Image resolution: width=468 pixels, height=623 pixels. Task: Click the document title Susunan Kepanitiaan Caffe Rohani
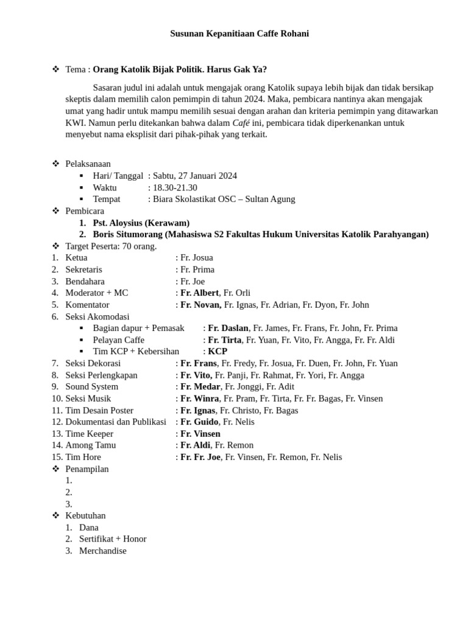click(239, 34)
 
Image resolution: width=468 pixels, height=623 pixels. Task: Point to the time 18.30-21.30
click(175, 187)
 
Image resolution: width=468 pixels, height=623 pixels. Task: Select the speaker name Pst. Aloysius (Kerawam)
click(141, 223)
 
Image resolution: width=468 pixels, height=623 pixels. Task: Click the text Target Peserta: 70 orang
click(111, 246)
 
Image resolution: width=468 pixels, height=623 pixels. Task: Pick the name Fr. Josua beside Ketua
click(196, 258)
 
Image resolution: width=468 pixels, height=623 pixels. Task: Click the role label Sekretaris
click(84, 270)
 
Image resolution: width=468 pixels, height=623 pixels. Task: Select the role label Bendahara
click(85, 281)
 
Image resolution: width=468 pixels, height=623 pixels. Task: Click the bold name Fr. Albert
click(199, 293)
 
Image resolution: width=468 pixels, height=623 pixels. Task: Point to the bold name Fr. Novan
click(200, 305)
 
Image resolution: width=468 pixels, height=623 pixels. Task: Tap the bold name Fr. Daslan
click(228, 328)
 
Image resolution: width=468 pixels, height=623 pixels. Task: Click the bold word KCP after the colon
click(218, 352)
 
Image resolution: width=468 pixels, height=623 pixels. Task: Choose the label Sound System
click(92, 387)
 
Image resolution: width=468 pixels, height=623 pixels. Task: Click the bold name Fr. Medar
click(200, 387)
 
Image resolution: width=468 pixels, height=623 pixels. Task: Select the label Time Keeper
click(90, 434)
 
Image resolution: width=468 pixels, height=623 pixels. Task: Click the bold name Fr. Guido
click(199, 422)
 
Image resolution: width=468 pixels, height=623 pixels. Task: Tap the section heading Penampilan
click(87, 469)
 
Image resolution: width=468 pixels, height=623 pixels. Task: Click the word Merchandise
click(103, 551)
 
